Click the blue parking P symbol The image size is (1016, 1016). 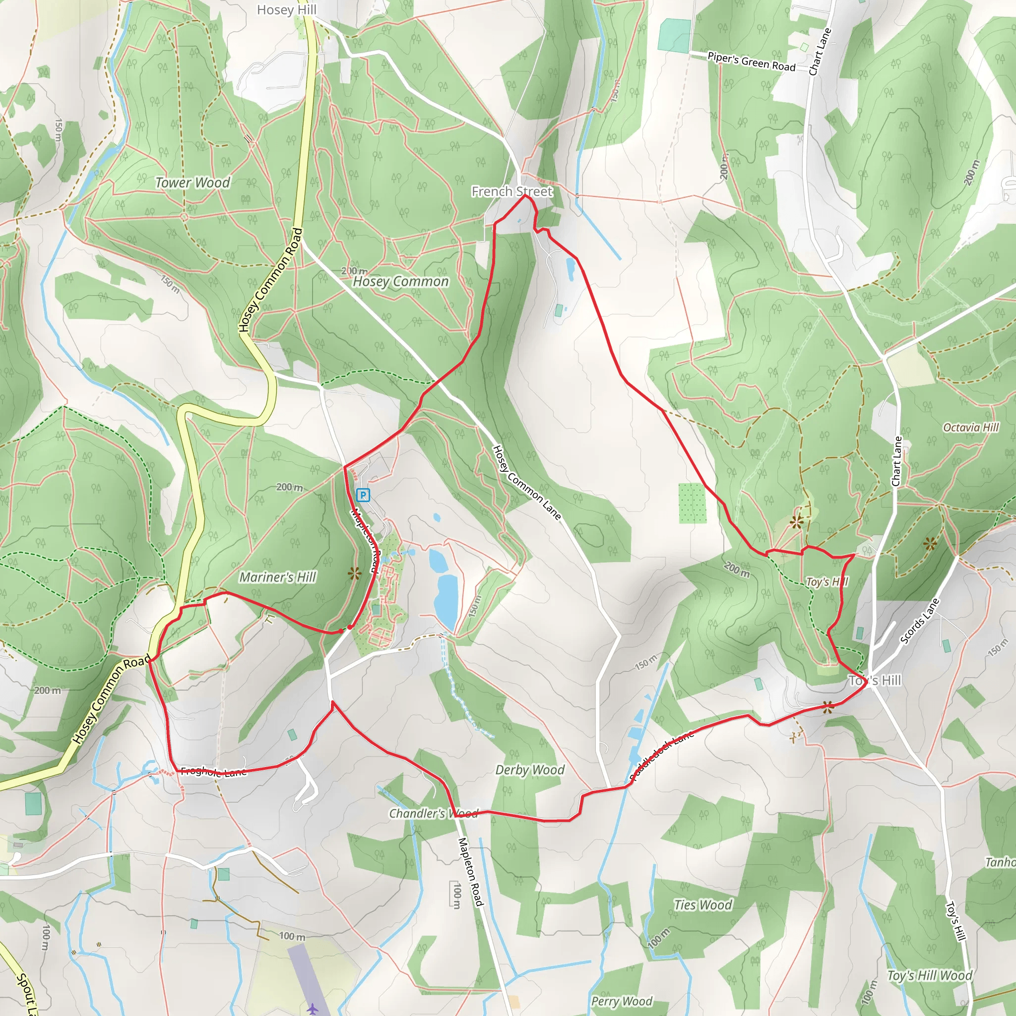[x=363, y=495]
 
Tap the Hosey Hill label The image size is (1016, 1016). [x=287, y=10]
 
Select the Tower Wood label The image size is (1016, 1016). [x=192, y=183]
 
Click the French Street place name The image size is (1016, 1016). [x=511, y=191]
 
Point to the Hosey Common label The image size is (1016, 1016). [x=401, y=281]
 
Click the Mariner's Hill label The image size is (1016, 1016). [x=278, y=577]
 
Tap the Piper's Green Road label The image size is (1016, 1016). [x=751, y=62]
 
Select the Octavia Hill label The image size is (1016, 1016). [x=970, y=427]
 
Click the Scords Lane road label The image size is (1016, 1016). [x=919, y=621]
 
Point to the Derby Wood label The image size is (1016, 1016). [x=529, y=770]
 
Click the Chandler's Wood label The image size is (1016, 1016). [x=433, y=814]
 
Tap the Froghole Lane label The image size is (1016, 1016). [x=213, y=772]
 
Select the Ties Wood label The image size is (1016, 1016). [x=702, y=904]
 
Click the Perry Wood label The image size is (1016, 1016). [x=622, y=1001]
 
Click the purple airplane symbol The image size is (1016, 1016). [x=313, y=1009]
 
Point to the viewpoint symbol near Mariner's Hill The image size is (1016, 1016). [x=355, y=572]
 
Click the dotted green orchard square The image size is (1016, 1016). [x=692, y=503]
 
